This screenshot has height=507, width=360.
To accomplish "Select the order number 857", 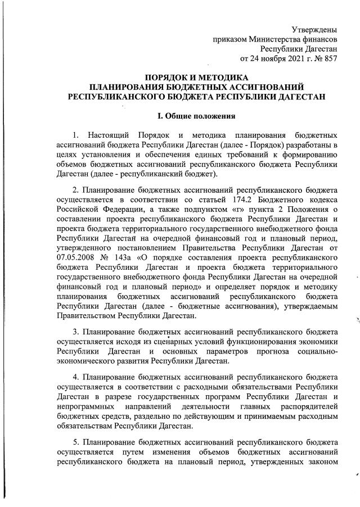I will (x=330, y=58).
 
